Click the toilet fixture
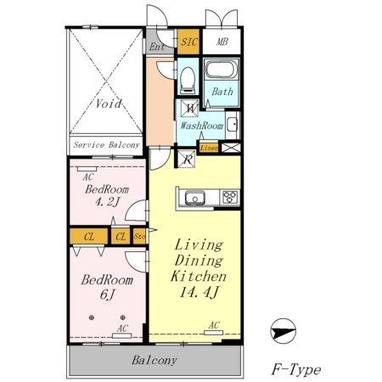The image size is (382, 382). click(188, 81)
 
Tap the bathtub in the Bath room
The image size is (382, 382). click(222, 70)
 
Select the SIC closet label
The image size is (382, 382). click(189, 42)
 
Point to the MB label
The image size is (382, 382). click(222, 42)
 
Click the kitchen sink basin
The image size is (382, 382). click(195, 197)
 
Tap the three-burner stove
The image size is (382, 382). click(229, 197)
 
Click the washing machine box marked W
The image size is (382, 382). click(190, 108)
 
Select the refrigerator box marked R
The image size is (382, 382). click(187, 159)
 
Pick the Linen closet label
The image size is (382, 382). click(209, 148)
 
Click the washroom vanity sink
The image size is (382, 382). click(233, 125)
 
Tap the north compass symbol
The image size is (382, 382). click(283, 331)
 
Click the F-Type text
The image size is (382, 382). click(296, 369)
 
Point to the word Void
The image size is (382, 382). click(109, 104)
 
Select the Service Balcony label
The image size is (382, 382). click(106, 145)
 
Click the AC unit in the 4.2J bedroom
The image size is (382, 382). click(87, 169)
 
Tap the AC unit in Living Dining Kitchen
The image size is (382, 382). click(213, 333)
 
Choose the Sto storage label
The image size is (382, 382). click(140, 236)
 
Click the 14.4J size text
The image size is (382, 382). click(199, 292)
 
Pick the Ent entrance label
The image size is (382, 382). click(157, 47)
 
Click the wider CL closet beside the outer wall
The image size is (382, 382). click(89, 236)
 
